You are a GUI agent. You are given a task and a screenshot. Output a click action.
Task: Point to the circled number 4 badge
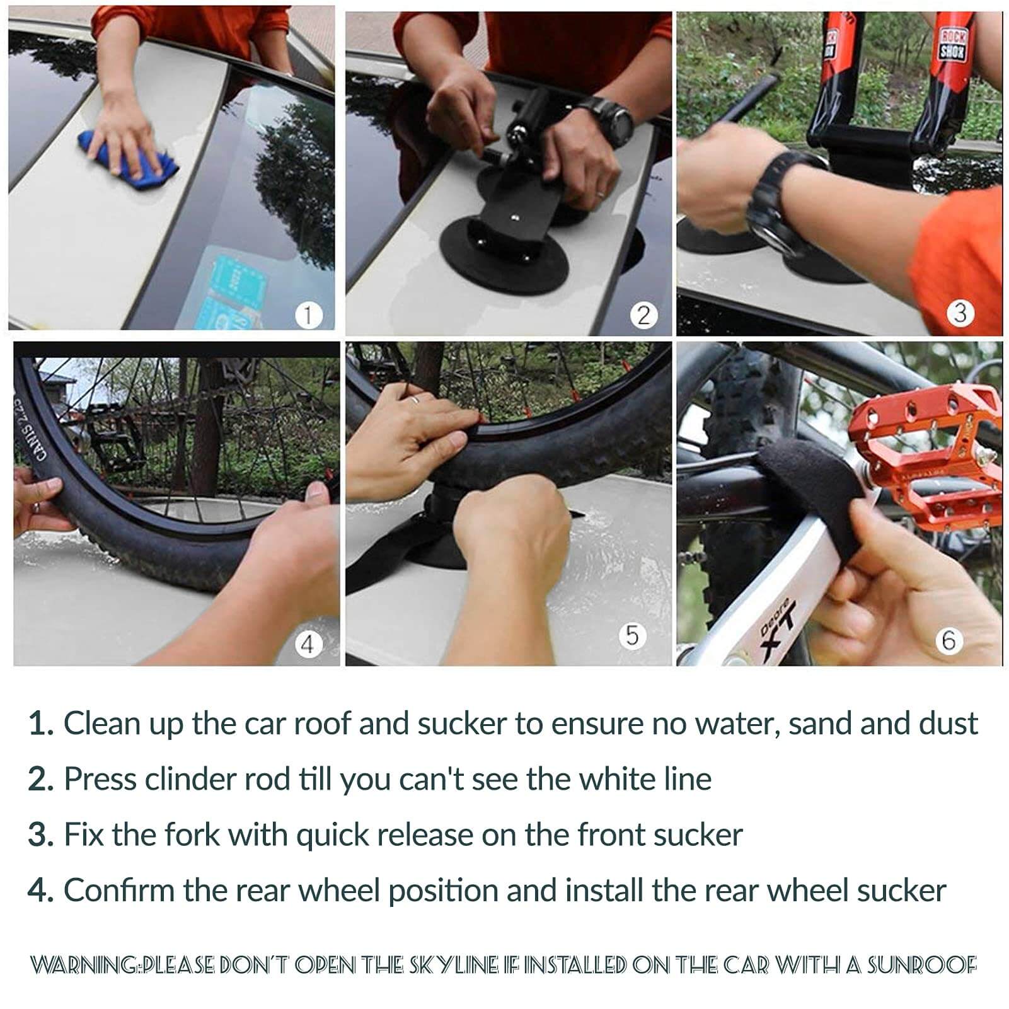click(x=308, y=644)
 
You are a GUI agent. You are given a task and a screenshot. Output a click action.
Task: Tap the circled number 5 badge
click(x=632, y=635)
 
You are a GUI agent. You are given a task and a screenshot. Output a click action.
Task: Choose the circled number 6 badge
click(x=948, y=641)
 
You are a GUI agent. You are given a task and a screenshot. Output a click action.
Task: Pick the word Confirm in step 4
click(x=119, y=891)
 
